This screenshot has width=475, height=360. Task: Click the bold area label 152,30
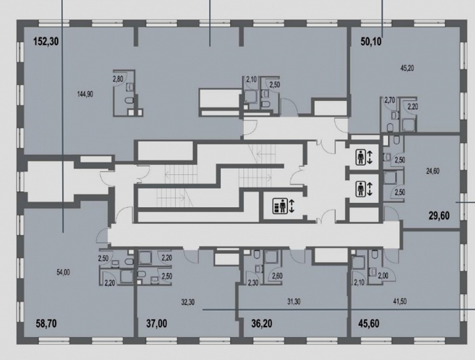click(46, 41)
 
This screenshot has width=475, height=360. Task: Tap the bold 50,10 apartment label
click(371, 41)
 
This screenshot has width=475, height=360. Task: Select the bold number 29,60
click(439, 216)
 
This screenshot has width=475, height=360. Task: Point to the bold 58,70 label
click(46, 323)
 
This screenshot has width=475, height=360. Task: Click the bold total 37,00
click(157, 323)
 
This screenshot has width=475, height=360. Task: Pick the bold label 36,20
click(261, 323)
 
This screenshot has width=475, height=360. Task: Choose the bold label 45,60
click(369, 323)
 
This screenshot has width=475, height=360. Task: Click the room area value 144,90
click(85, 94)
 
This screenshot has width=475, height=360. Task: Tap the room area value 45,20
click(407, 68)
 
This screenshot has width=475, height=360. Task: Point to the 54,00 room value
click(63, 272)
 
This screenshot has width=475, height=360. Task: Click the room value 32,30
click(188, 302)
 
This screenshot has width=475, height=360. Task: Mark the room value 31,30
click(293, 302)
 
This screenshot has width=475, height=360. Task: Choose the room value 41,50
click(399, 302)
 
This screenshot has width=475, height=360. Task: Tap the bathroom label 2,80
click(118, 79)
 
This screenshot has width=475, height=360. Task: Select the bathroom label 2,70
click(390, 100)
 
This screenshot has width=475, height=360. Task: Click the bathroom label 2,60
click(278, 276)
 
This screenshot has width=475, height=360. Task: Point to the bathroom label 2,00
click(383, 276)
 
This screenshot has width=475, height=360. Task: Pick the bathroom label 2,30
click(253, 283)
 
